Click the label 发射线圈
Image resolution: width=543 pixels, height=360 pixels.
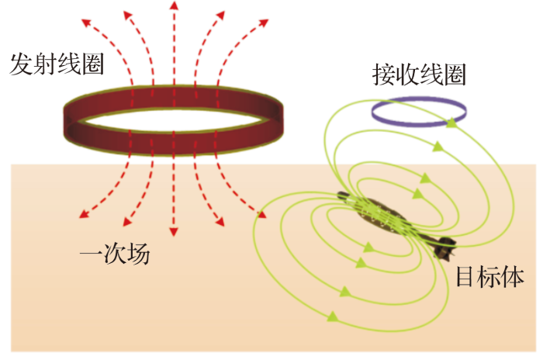56,64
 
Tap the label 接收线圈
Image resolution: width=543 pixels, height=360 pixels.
419,74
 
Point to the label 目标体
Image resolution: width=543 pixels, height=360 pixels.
491,276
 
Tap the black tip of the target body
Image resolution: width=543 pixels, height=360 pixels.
445,250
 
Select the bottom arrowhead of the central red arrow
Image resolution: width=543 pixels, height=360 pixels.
173,232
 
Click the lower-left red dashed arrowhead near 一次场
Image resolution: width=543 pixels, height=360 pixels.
80,214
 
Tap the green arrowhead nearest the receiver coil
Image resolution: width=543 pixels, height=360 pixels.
449,122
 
